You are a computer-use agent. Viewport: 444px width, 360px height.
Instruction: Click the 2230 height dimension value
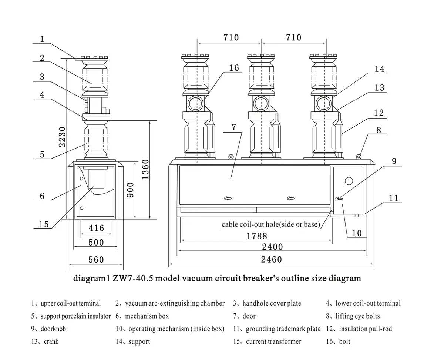coord(63,137)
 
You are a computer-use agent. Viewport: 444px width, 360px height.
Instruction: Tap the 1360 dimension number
coord(145,169)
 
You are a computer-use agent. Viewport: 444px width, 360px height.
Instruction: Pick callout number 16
coord(234,68)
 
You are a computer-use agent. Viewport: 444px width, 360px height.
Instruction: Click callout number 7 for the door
coord(233,127)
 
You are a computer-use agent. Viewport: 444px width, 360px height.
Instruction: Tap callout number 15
coord(43,224)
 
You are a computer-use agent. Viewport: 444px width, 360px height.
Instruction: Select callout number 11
coord(394,198)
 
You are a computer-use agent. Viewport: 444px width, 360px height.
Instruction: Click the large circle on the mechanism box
coord(349,181)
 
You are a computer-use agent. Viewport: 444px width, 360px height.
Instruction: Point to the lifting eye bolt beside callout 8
coord(359,157)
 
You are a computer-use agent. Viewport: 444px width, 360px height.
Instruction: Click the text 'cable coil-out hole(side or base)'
coord(271,224)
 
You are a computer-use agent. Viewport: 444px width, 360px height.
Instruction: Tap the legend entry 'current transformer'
coord(273,341)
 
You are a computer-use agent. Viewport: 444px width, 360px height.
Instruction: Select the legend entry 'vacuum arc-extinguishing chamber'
coord(175,303)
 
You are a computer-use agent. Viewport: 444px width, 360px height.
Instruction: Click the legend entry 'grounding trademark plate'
coord(283,329)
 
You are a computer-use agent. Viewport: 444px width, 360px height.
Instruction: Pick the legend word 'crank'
coord(51,341)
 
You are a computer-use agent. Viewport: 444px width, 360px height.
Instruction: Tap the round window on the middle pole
coord(262,103)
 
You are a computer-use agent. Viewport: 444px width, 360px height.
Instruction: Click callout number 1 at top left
coord(42,39)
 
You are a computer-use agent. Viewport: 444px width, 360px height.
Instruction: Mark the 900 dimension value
coord(130,190)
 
